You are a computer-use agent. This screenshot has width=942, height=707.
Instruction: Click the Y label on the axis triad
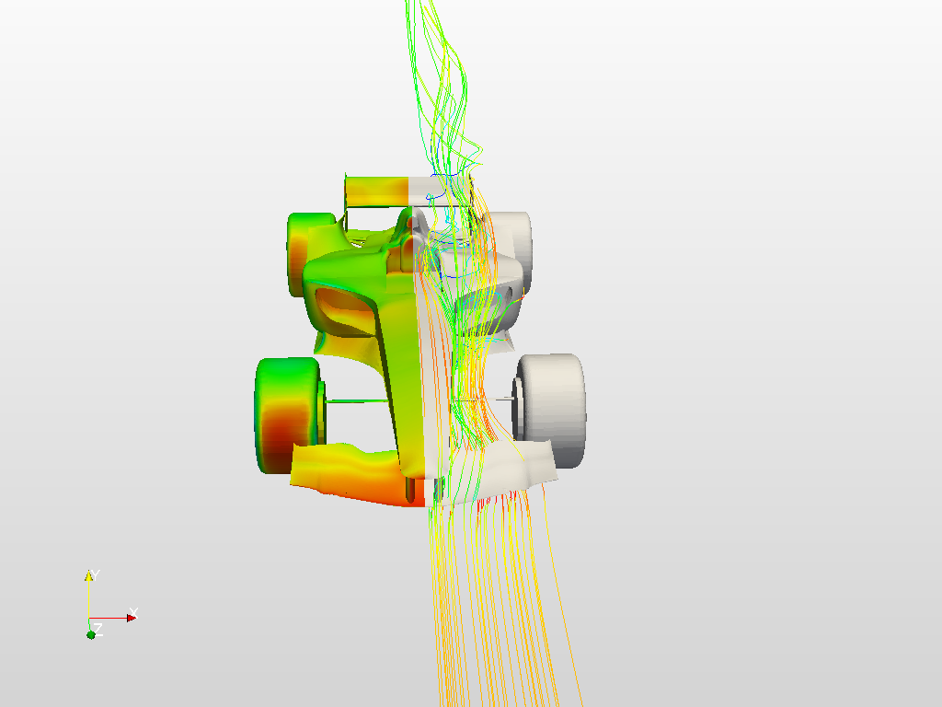click(x=95, y=574)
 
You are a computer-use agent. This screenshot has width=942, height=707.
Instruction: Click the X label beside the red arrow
click(x=134, y=612)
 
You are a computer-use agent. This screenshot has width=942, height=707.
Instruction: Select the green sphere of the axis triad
click(x=91, y=635)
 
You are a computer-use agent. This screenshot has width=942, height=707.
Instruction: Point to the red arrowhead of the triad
click(x=132, y=618)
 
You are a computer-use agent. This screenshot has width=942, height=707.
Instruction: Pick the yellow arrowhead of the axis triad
click(x=89, y=576)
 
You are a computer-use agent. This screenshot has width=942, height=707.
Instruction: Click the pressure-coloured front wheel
click(x=288, y=415)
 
